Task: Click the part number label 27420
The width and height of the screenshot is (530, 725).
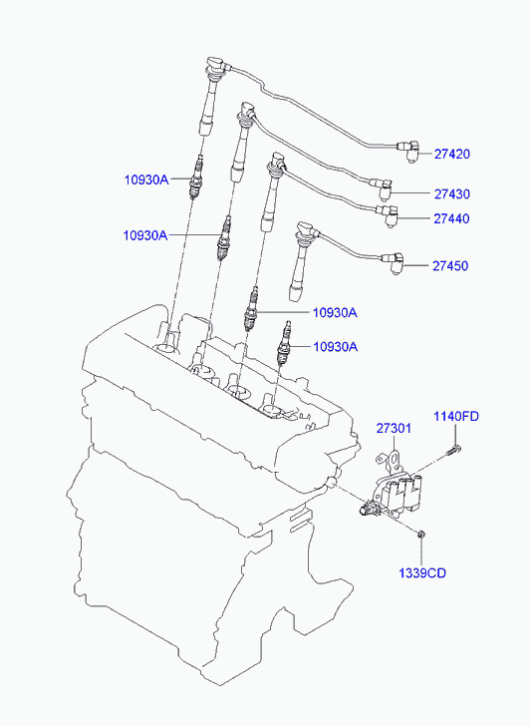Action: click(x=451, y=154)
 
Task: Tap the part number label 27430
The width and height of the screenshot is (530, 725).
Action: click(x=451, y=193)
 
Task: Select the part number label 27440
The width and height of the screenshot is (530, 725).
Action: click(x=451, y=218)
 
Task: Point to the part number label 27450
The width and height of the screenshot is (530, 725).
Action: click(x=450, y=266)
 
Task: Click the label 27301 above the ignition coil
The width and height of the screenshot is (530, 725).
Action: click(x=394, y=428)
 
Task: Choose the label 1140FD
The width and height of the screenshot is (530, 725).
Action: click(x=456, y=416)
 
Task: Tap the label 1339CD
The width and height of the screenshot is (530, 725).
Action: click(x=422, y=572)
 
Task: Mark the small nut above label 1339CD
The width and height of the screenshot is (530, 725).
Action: click(x=420, y=535)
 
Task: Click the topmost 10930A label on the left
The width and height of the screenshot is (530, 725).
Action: click(x=146, y=180)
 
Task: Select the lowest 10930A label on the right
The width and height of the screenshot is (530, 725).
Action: click(x=336, y=346)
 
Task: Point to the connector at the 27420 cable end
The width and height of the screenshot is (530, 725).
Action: click(x=408, y=150)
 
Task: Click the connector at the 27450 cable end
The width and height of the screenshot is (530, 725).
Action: click(x=393, y=262)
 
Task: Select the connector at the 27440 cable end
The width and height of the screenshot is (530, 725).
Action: click(x=388, y=215)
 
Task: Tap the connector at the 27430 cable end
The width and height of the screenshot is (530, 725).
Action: click(x=383, y=186)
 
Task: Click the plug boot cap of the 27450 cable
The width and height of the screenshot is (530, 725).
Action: click(x=306, y=229)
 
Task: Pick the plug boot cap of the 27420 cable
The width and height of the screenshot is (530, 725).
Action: click(x=216, y=65)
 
